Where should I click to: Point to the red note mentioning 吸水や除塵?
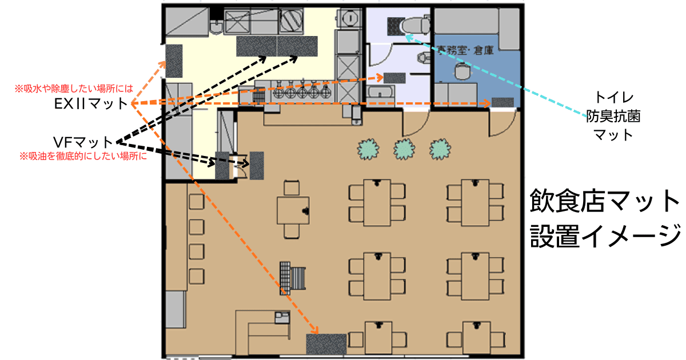coord(74,89)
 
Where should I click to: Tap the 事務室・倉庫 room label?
coord(464,50)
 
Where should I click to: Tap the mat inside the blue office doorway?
coord(503,102)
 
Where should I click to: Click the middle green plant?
coord(404,149)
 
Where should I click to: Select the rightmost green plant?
coord(440,149)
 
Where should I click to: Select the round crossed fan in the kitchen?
coord(291,21)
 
